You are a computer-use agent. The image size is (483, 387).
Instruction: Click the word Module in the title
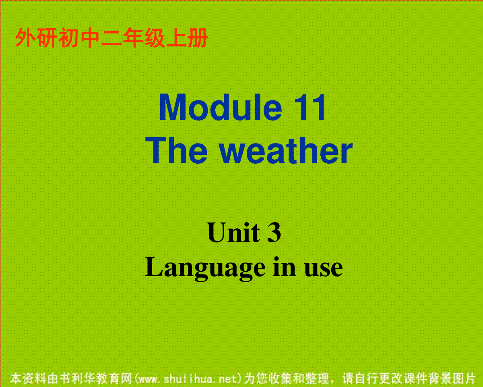point(221,107)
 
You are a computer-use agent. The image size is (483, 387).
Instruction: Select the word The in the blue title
point(176,150)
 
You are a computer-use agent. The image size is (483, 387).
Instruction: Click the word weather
point(286,150)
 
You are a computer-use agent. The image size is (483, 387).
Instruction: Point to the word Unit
point(233,232)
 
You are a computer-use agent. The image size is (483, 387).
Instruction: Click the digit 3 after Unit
point(274,232)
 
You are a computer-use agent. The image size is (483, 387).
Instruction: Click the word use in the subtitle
point(324,269)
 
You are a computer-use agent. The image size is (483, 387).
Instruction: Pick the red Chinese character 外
point(25,37)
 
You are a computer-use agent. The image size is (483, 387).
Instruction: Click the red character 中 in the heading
point(90,37)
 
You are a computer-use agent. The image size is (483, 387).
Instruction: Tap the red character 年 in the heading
point(133,37)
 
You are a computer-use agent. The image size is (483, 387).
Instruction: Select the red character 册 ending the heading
point(198,37)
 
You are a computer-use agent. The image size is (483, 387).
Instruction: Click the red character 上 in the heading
point(176,37)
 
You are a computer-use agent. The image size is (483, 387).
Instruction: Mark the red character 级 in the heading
point(155,37)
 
